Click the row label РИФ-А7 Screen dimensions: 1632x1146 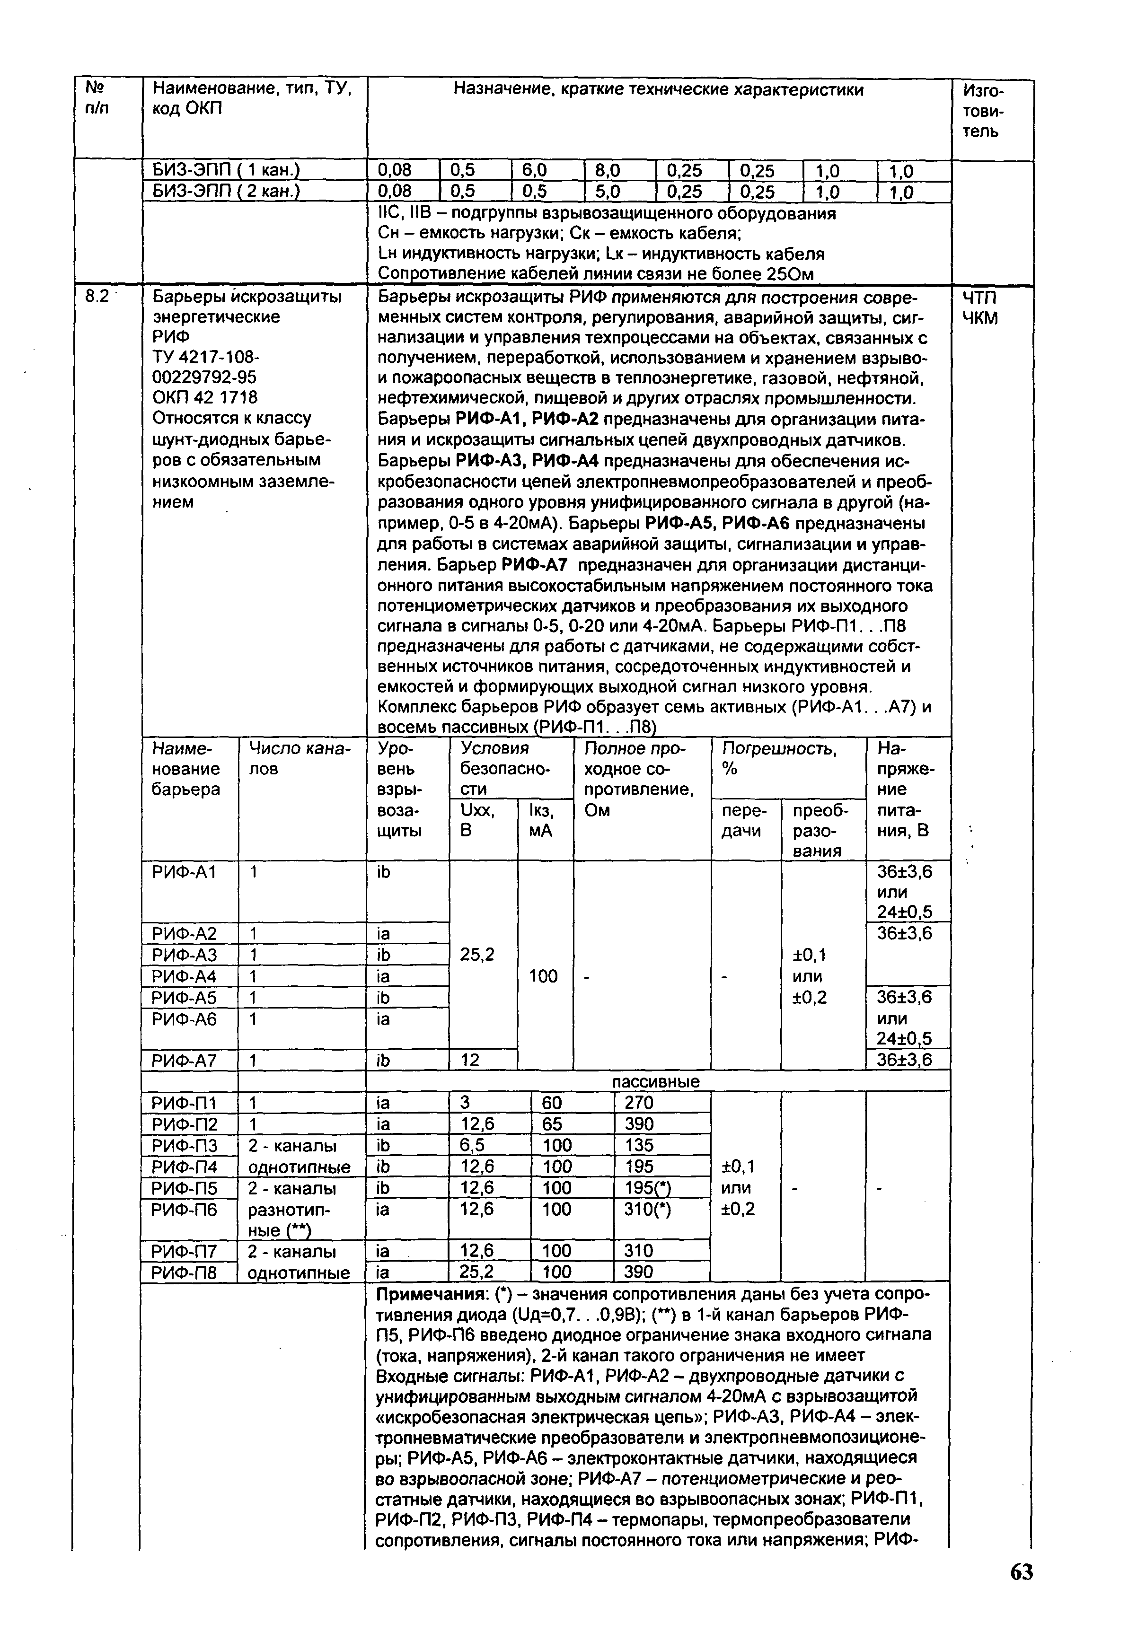pos(184,1061)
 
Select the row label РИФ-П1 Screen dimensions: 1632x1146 pos(184,1103)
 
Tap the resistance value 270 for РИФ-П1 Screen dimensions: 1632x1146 pos(638,1103)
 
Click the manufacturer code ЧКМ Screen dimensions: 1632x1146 pos(980,318)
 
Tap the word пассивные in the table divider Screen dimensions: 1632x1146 pos(655,1082)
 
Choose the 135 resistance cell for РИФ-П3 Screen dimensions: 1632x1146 pos(638,1145)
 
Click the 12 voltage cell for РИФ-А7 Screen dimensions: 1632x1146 pos(470,1061)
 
